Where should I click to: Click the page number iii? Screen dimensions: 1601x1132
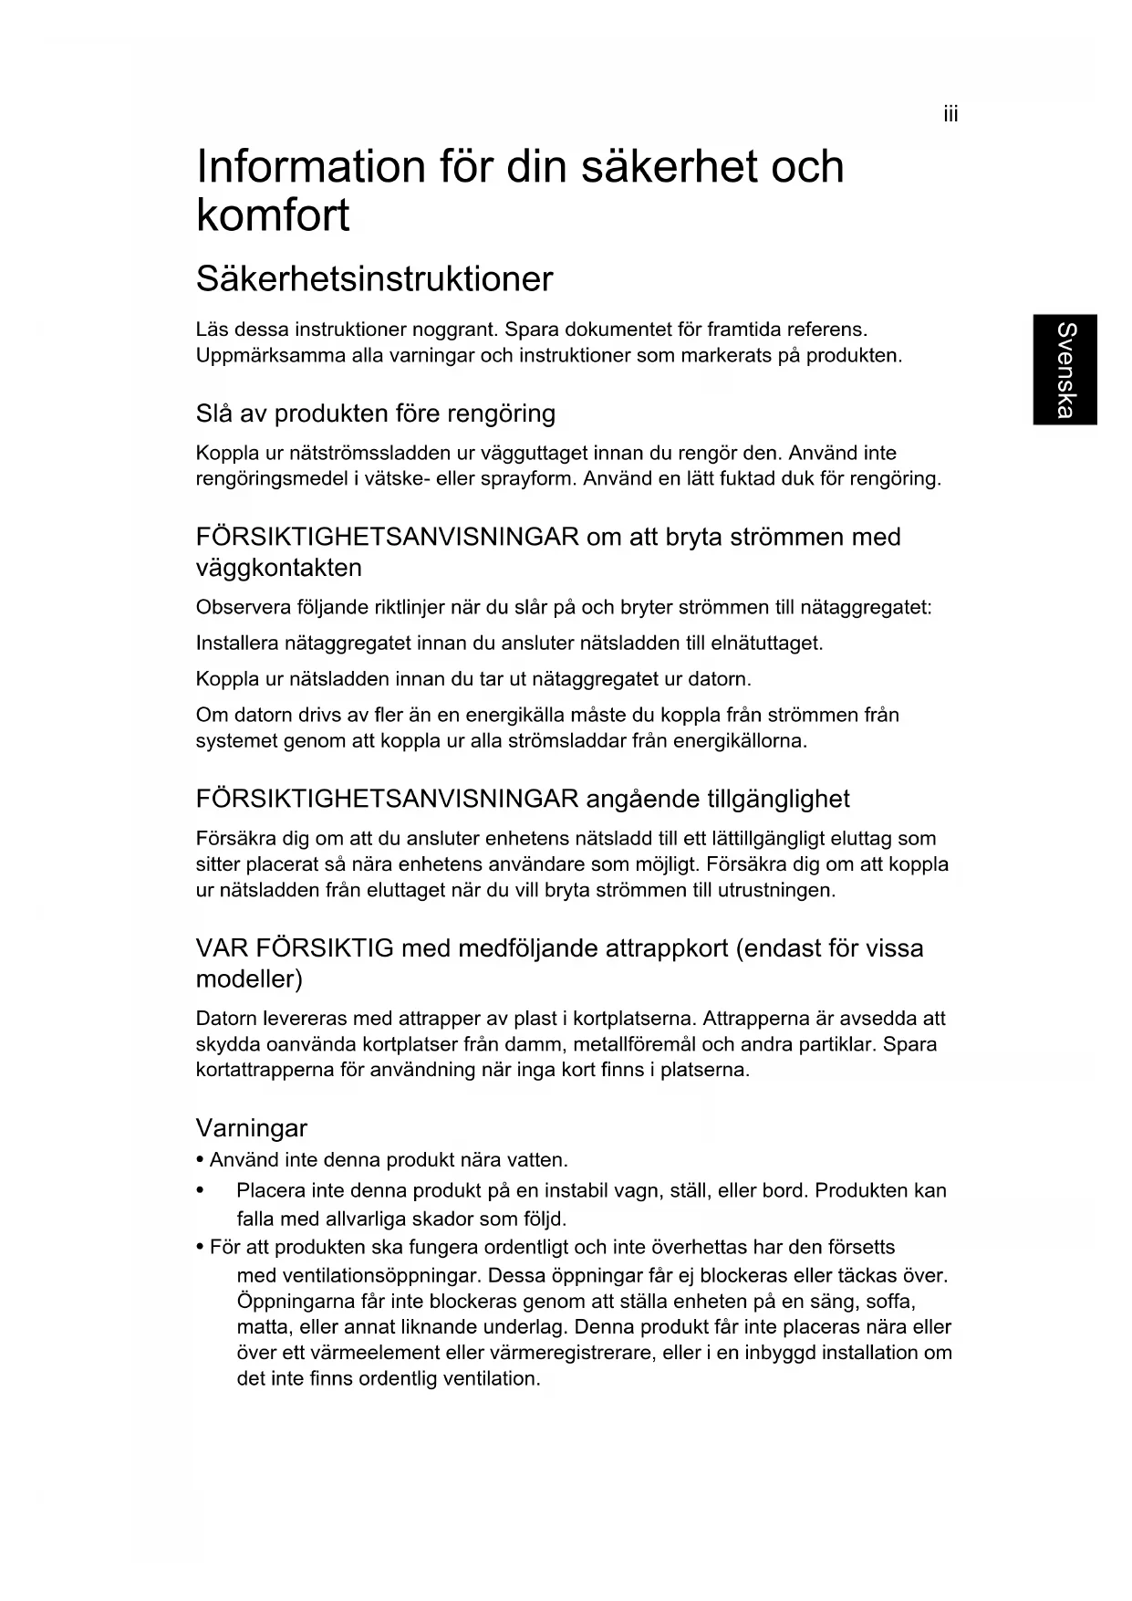click(950, 115)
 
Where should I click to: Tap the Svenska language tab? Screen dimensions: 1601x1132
click(1064, 369)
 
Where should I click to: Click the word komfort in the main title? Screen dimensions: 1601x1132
click(273, 216)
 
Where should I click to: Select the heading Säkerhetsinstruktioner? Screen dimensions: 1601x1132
click(374, 279)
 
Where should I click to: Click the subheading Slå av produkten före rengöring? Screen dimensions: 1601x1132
click(375, 413)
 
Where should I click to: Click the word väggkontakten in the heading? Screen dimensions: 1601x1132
click(278, 568)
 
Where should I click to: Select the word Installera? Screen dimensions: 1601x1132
click(237, 644)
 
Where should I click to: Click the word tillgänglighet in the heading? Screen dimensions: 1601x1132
click(778, 800)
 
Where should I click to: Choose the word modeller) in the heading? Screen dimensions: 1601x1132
click(249, 979)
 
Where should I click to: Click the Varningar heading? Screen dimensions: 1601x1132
click(252, 1128)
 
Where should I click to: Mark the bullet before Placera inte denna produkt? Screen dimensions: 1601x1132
click(199, 1191)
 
